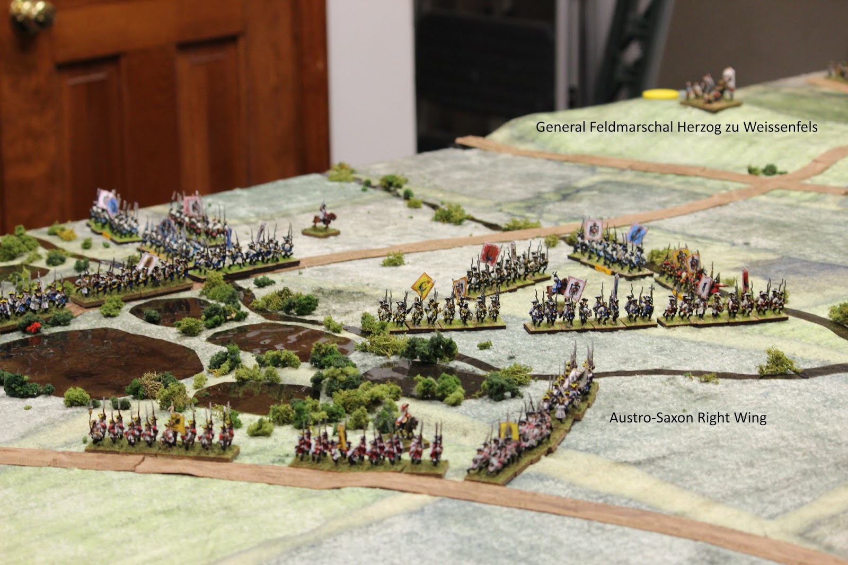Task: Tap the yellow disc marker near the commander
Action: coord(660,94)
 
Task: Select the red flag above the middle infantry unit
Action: coord(490,253)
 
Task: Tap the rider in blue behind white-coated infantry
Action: coord(556,285)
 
